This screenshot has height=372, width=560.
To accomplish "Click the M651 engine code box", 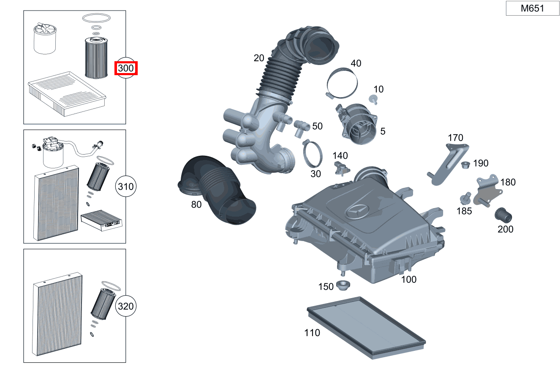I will click(532, 8).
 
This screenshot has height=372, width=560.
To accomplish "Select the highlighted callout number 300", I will click(126, 68).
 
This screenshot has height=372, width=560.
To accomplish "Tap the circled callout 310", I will click(126, 186).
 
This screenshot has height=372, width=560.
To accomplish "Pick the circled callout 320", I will click(126, 306).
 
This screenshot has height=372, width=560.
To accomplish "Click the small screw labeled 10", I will click(373, 99).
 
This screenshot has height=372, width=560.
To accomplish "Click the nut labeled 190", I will click(465, 164).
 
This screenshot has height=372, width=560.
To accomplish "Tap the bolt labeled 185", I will click(466, 198).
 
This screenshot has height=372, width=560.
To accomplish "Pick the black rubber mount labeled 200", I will click(503, 215).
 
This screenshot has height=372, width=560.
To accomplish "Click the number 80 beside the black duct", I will click(196, 205).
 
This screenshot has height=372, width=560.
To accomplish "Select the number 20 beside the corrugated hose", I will click(259, 58).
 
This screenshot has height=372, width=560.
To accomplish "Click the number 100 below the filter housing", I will click(408, 279).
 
